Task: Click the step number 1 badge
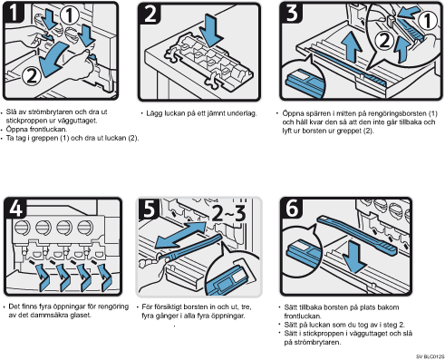click(14, 12)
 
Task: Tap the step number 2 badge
click(150, 14)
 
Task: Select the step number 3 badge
click(292, 13)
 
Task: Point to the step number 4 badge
click(15, 208)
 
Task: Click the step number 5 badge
click(149, 209)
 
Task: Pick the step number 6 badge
click(292, 208)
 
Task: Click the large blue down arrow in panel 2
click(211, 30)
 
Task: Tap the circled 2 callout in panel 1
click(32, 75)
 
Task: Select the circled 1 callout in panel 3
click(428, 21)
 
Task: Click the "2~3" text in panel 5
click(228, 213)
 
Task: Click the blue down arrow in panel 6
click(355, 258)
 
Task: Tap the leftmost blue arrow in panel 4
click(43, 277)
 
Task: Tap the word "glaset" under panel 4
click(81, 315)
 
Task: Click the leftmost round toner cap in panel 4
click(23, 228)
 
